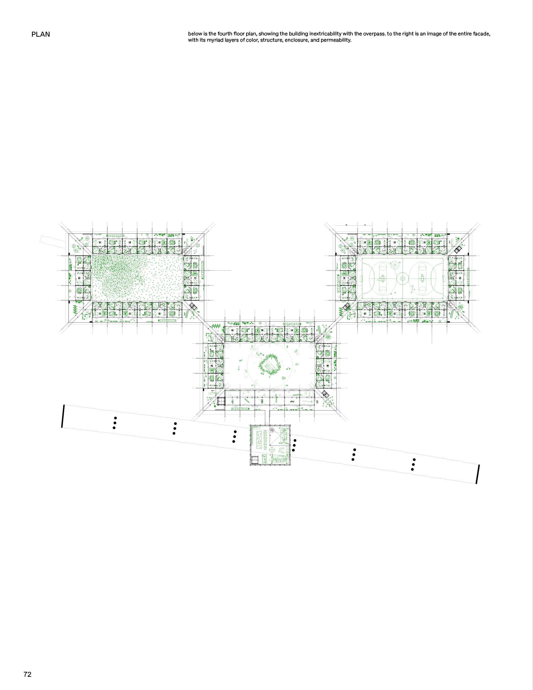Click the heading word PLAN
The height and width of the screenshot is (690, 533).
(x=40, y=34)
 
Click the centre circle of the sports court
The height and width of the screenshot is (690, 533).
(x=403, y=278)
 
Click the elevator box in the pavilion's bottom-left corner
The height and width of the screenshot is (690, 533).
(x=255, y=460)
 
